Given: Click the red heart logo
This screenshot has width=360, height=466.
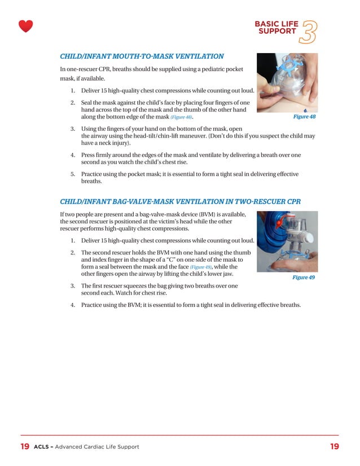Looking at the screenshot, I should tap(25, 26).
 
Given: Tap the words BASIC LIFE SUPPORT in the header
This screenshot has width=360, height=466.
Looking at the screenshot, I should tap(277, 28).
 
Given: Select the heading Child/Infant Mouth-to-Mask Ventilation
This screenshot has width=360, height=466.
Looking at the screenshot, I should tap(142, 56).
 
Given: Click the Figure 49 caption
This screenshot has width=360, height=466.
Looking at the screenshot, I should tap(304, 278).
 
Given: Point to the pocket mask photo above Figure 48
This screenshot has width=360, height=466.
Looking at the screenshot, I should tap(287, 82).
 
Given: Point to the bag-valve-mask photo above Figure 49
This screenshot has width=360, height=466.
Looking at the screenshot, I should tap(287, 241).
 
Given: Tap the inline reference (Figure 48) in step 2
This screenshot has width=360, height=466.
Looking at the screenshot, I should tap(181, 117).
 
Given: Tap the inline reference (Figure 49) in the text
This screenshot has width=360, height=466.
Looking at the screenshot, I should tap(201, 267).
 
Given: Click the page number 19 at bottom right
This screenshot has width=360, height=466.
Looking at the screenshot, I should tap(335, 447).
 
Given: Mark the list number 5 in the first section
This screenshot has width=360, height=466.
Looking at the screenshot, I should tap(73, 174).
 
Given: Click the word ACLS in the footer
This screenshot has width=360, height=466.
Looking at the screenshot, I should tap(43, 447).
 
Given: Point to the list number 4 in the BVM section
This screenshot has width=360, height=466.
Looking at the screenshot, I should tap(73, 305).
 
